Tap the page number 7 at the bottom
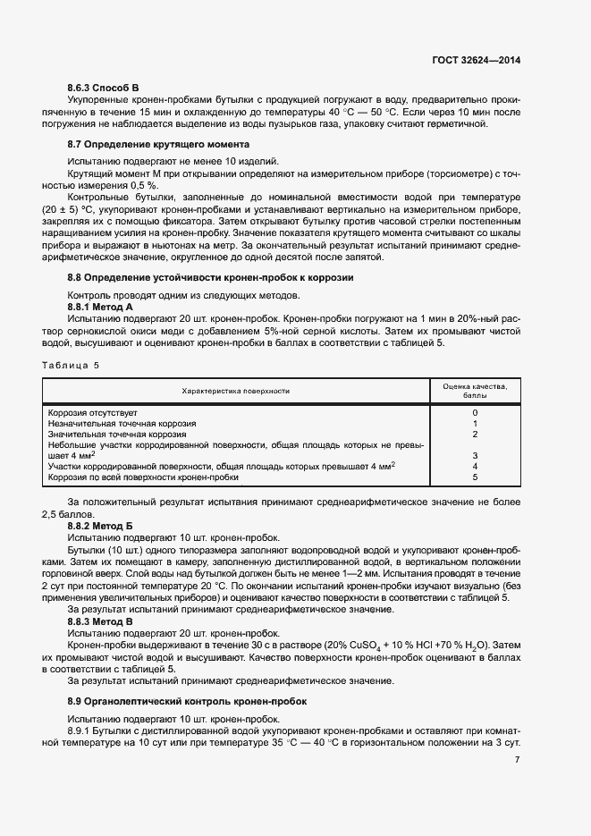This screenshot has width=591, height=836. click(518, 759)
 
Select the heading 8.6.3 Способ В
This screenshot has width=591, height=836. click(104, 87)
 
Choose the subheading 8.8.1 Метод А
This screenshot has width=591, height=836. click(100, 307)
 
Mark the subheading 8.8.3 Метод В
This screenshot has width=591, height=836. click(100, 620)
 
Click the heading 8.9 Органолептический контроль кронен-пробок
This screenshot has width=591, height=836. click(187, 702)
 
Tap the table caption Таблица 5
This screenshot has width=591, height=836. click(72, 365)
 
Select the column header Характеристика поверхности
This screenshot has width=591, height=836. click(236, 391)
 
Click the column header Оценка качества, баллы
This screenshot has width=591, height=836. click(475, 390)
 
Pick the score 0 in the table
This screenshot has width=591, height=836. click(475, 412)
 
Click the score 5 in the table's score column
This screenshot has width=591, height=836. click(475, 477)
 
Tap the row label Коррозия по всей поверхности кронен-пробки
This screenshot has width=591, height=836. click(143, 477)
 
